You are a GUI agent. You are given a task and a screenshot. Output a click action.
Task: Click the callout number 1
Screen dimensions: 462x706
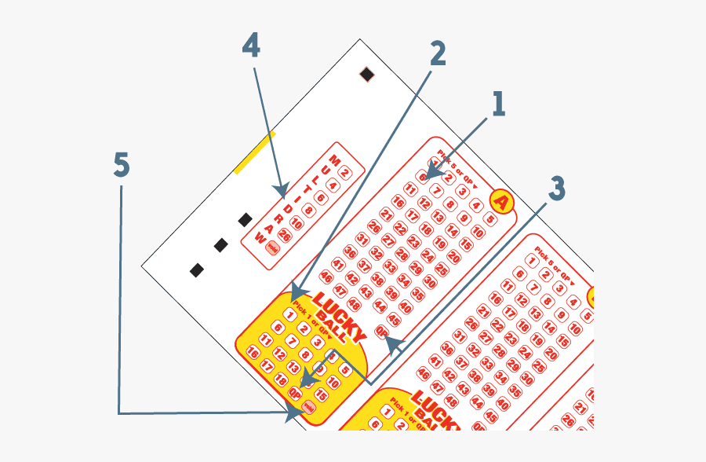(497, 104)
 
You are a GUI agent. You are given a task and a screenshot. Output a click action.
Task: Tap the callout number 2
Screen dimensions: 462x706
(437, 53)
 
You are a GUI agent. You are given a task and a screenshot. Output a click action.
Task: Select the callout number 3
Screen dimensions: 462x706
(555, 189)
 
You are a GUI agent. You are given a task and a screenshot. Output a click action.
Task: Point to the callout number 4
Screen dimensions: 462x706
(250, 46)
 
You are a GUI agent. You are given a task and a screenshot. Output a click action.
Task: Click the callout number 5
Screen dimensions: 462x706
(121, 165)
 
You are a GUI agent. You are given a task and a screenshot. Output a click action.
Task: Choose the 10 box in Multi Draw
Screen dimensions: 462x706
(297, 223)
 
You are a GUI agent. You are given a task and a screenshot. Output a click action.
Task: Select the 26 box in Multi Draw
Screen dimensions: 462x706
(284, 236)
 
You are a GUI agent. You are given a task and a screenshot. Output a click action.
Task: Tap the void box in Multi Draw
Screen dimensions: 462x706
(272, 248)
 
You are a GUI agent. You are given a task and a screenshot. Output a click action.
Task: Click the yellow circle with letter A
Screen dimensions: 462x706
(501, 202)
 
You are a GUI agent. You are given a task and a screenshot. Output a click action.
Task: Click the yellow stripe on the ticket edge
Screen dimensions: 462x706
(255, 152)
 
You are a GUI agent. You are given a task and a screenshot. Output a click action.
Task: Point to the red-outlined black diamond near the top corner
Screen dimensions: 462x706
(366, 75)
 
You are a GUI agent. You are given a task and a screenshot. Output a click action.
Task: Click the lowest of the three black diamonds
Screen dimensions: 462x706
(197, 270)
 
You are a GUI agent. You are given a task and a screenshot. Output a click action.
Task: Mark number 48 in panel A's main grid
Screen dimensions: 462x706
(354, 304)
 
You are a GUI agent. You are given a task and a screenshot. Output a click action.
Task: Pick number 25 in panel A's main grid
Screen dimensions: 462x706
(442, 269)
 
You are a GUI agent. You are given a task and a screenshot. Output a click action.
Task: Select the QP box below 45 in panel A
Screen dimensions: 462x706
(382, 332)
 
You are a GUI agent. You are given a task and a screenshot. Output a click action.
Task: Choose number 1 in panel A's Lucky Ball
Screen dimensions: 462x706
(289, 316)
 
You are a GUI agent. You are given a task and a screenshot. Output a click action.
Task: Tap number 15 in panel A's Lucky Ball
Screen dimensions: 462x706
(321, 396)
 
